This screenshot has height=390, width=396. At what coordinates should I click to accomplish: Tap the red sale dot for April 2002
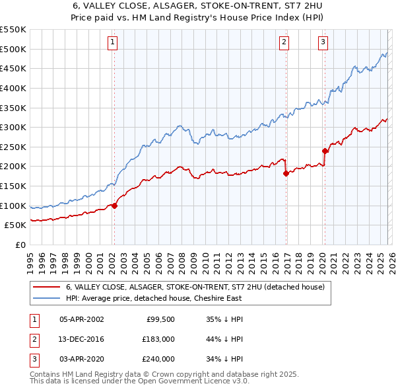pyautogui.click(x=114, y=206)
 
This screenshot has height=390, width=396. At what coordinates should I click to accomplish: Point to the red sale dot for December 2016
pyautogui.click(x=285, y=173)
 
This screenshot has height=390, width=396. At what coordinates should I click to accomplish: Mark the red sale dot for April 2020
pyautogui.click(x=324, y=151)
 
